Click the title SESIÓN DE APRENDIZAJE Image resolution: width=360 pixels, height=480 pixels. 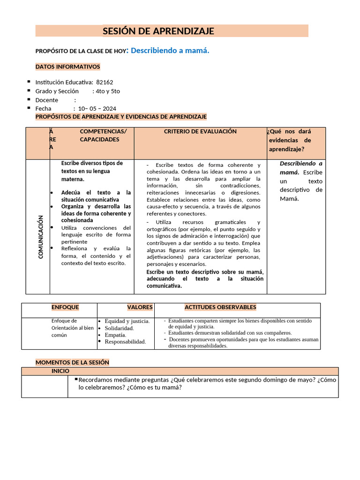tap(158, 31)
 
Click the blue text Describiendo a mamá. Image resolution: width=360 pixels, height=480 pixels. tap(170, 51)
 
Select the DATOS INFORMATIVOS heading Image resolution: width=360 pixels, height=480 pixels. tap(67, 67)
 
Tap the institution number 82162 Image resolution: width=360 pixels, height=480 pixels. tap(105, 82)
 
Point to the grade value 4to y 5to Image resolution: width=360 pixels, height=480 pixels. tap(107, 91)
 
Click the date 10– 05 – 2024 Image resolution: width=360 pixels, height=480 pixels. tap(97, 109)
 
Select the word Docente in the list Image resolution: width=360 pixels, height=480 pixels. tap(47, 100)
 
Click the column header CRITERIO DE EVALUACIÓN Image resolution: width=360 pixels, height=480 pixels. tap(200, 132)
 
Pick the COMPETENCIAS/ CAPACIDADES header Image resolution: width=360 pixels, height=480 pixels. tap(103, 135)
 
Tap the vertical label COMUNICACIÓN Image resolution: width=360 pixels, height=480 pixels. tap(41, 237)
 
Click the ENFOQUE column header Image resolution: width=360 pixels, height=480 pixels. tap(65, 307)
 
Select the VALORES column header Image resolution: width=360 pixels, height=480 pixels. tap(140, 307)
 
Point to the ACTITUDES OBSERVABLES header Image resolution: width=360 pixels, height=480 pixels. tap(220, 307)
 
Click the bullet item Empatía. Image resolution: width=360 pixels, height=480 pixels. tap(115, 335)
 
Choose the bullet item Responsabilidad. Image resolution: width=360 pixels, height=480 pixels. tap(125, 342)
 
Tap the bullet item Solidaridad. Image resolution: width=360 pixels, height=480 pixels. tap(119, 328)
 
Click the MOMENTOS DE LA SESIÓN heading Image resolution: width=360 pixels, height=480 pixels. tap(72, 362)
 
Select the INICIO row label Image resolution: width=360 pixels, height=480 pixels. tap(60, 371)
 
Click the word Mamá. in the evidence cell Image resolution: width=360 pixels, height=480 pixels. tap(289, 198)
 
